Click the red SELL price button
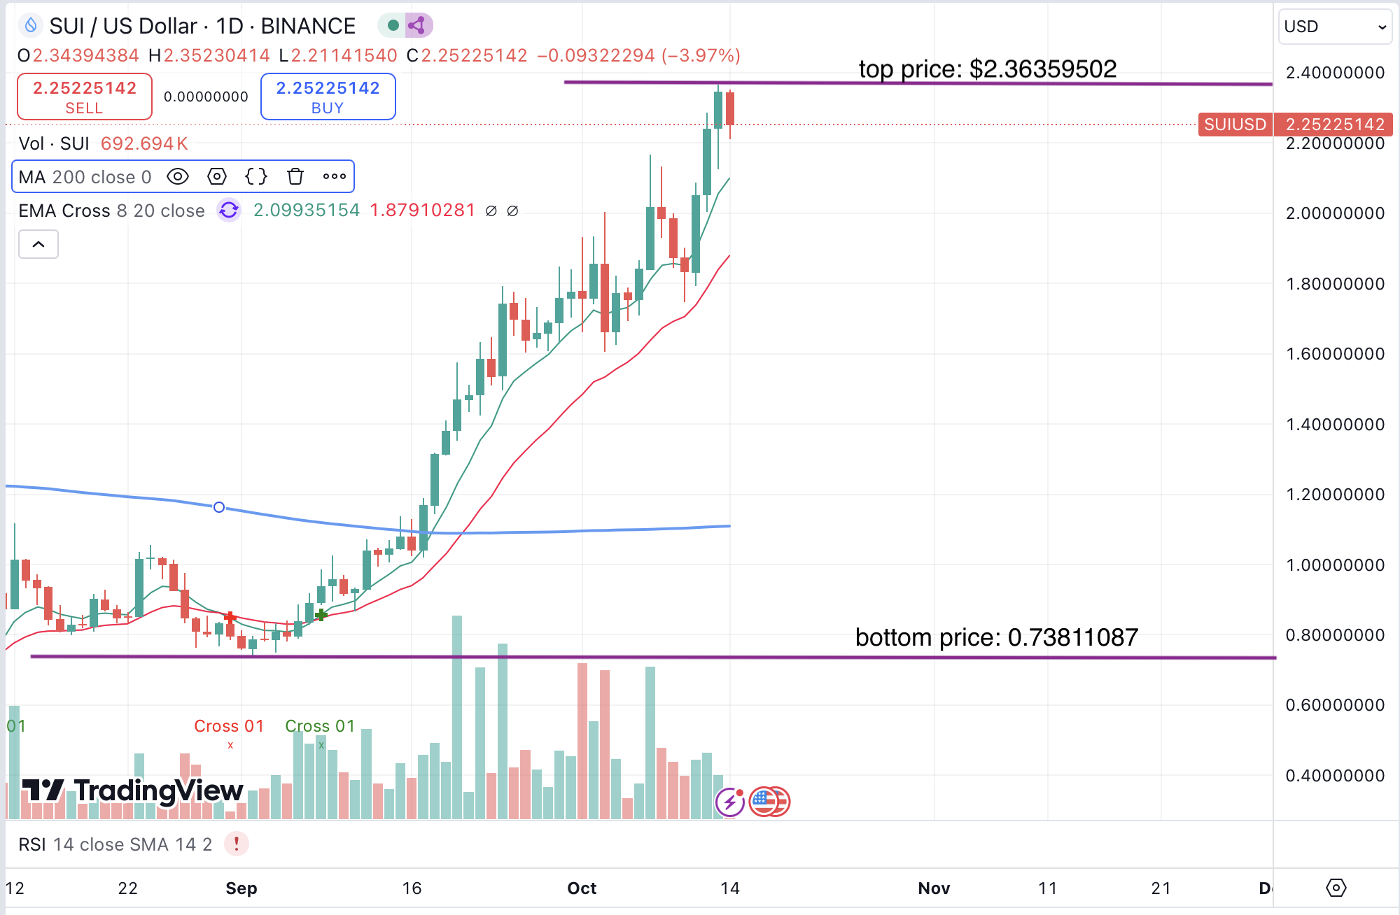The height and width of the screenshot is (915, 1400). pyautogui.click(x=84, y=97)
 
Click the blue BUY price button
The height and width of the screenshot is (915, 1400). pyautogui.click(x=328, y=97)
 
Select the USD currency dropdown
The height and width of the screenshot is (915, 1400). pyautogui.click(x=1334, y=27)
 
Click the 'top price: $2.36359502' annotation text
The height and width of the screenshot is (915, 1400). pyautogui.click(x=987, y=69)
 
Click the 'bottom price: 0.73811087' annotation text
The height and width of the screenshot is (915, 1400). pyautogui.click(x=996, y=637)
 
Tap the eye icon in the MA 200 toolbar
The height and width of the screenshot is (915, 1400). pyautogui.click(x=178, y=177)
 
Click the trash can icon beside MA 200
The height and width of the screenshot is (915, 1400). pyautogui.click(x=295, y=177)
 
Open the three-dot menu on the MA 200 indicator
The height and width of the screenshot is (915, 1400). pyautogui.click(x=335, y=177)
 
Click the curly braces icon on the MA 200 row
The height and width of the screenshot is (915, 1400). pyautogui.click(x=256, y=177)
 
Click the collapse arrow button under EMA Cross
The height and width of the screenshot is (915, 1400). pyautogui.click(x=38, y=245)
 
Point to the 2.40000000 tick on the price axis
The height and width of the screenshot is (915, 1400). pyautogui.click(x=1335, y=73)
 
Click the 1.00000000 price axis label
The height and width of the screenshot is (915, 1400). pyautogui.click(x=1335, y=565)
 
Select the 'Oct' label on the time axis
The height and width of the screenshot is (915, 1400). pyautogui.click(x=582, y=888)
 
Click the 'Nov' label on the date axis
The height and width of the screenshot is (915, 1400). pyautogui.click(x=934, y=888)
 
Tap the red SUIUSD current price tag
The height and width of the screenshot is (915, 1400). pyautogui.click(x=1235, y=125)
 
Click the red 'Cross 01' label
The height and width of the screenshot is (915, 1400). pyautogui.click(x=229, y=726)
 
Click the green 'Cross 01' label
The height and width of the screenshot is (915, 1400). pyautogui.click(x=320, y=726)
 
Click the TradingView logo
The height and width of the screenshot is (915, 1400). pyautogui.click(x=133, y=790)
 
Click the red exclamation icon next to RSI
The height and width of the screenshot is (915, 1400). pyautogui.click(x=237, y=844)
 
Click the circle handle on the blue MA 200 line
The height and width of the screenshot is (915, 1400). pyautogui.click(x=219, y=507)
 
